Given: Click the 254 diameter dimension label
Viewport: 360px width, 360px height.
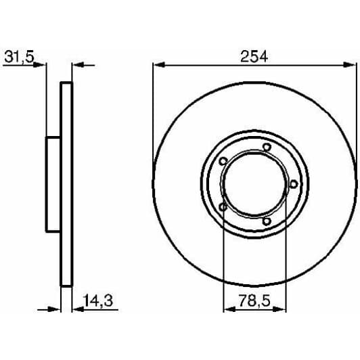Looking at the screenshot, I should click(x=254, y=57).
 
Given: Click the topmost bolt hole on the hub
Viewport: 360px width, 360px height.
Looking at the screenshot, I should click(x=267, y=148).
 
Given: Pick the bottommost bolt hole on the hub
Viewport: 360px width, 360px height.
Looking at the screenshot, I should click(x=267, y=221).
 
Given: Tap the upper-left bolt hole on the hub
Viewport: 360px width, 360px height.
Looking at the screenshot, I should click(x=225, y=161).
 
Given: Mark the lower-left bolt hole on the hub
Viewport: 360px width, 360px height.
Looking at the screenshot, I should click(x=224, y=206).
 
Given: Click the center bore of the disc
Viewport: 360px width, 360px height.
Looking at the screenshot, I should click(x=255, y=184).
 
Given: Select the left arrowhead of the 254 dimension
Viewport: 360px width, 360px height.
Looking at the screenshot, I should click(x=158, y=66).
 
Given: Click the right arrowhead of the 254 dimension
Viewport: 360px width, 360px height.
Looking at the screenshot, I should click(x=351, y=66).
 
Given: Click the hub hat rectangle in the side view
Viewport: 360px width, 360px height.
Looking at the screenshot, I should click(x=53, y=184).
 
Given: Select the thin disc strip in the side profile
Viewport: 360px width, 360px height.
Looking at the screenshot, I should click(x=66, y=184).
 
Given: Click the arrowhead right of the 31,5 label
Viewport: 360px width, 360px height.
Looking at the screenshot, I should click(x=42, y=66).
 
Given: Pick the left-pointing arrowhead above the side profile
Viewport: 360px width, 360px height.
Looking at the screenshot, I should click(x=76, y=66).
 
